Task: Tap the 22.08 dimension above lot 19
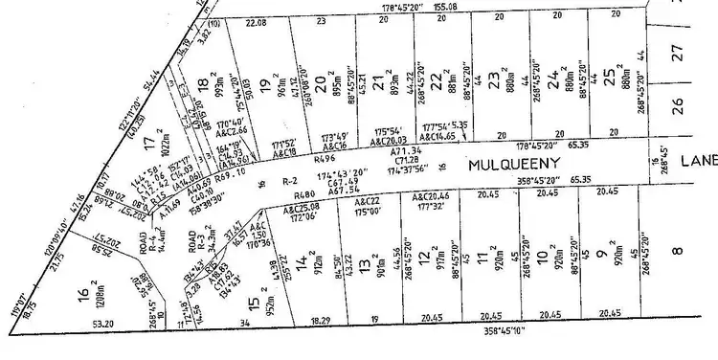(x=256, y=21)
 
